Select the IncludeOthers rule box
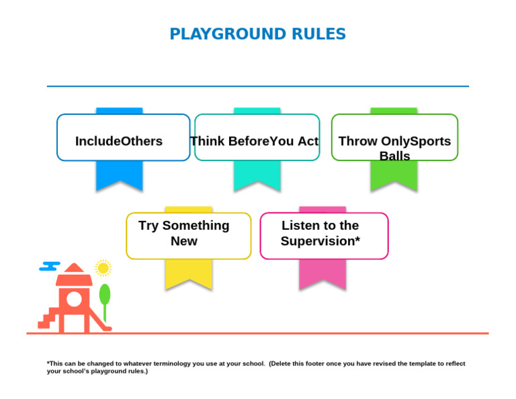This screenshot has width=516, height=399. (x=123, y=138)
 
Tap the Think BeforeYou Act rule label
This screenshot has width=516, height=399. (x=255, y=141)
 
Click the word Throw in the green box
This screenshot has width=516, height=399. (x=357, y=141)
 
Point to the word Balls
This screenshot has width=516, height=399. (x=394, y=156)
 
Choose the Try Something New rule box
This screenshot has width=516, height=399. (x=188, y=236)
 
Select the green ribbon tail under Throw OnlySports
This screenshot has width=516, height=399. (x=394, y=176)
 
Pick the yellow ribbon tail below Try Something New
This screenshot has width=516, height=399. (x=189, y=273)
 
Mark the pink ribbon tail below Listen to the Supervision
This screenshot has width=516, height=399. (x=322, y=273)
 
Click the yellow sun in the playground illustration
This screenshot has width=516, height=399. (x=103, y=268)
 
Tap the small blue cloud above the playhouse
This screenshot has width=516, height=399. (x=50, y=266)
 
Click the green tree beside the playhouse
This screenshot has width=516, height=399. (x=105, y=296)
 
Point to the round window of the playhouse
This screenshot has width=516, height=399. (x=74, y=299)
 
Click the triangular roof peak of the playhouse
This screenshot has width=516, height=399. (x=74, y=267)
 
